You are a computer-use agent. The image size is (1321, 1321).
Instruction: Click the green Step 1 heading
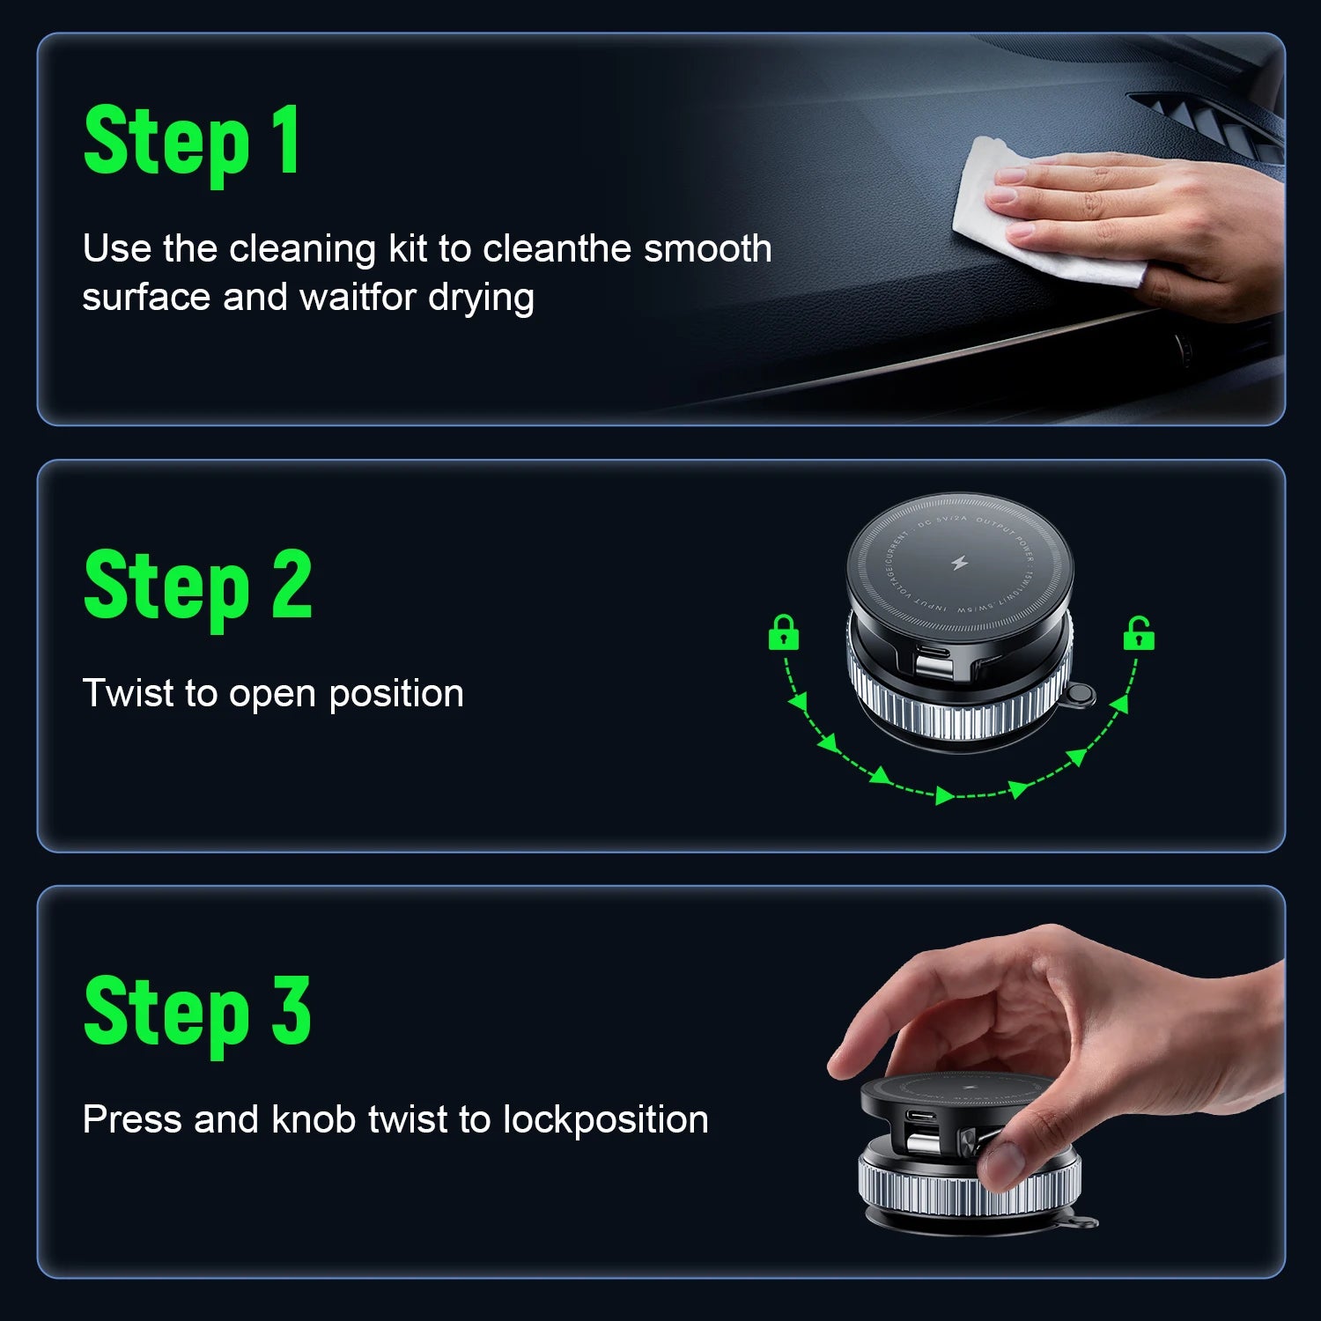tap(192, 141)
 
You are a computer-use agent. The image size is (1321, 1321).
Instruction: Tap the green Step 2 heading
tap(198, 586)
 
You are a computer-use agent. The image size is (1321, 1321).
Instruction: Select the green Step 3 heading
tap(198, 1013)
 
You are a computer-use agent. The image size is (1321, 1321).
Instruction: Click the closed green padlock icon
tap(783, 633)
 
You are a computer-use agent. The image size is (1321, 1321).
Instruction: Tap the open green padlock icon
tap(1138, 633)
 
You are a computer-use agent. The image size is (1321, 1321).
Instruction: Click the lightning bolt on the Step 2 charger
tap(960, 563)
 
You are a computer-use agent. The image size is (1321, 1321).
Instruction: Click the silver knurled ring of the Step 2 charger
tap(960, 705)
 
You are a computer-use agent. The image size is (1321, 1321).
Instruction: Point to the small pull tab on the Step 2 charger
tap(1079, 696)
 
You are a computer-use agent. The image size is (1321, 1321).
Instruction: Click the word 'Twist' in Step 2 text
tap(129, 694)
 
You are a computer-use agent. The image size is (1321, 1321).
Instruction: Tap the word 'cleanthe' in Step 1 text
tap(558, 249)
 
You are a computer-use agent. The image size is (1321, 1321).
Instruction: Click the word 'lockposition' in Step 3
tap(605, 1120)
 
